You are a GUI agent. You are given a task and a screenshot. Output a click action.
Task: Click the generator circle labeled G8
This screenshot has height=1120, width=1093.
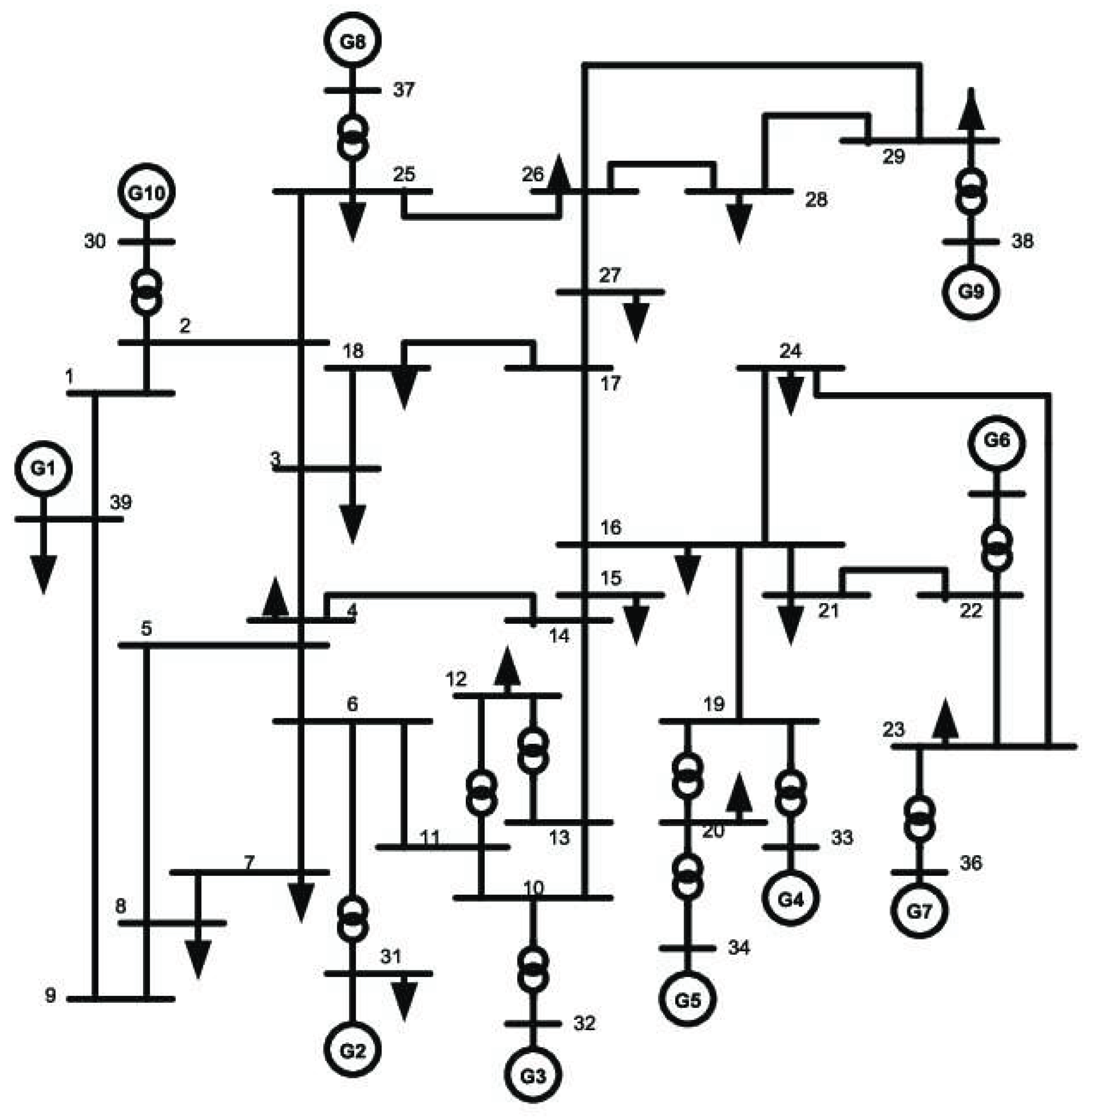click(352, 41)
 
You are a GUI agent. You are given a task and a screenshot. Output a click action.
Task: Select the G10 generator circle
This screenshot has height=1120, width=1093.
click(146, 192)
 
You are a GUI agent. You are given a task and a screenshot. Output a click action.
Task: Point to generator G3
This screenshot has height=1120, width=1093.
click(533, 1075)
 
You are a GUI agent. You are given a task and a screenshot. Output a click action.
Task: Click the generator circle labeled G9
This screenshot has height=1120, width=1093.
click(971, 291)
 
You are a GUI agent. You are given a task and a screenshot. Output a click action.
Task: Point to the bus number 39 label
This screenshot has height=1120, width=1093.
click(121, 502)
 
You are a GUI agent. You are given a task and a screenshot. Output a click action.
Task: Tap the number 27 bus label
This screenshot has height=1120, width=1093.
click(610, 276)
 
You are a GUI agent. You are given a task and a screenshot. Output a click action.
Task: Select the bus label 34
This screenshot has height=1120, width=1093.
click(739, 947)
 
